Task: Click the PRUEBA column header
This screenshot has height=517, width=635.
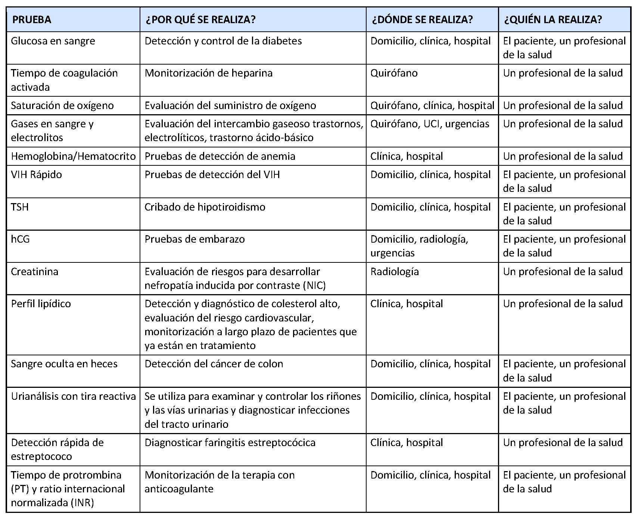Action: (32, 19)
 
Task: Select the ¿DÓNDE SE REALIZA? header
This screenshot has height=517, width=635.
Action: (422, 19)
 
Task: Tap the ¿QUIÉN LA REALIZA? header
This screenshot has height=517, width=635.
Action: (553, 19)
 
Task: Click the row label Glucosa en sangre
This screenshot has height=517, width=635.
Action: (53, 41)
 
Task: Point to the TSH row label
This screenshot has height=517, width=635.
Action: (20, 207)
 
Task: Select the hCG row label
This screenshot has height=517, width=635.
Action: (20, 239)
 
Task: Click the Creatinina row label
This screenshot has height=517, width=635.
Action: (34, 271)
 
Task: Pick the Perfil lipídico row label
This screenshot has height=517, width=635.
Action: (41, 304)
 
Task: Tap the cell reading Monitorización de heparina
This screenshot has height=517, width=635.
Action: (208, 73)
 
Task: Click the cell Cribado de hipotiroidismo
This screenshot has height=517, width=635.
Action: (205, 207)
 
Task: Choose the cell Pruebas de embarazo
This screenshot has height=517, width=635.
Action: (194, 239)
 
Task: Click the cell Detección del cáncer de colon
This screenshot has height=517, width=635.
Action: (214, 364)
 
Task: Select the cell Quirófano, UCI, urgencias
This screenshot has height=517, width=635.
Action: (429, 124)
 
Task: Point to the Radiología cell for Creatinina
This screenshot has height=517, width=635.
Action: (394, 271)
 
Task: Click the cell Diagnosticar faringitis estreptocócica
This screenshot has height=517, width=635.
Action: (230, 443)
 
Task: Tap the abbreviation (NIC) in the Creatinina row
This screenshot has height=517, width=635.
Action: (314, 286)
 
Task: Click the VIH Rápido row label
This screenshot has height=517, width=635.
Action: (36, 175)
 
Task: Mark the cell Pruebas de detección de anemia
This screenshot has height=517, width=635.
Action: (220, 156)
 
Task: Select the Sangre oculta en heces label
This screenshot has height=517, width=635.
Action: (64, 364)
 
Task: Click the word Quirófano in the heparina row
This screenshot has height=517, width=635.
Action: (394, 73)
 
